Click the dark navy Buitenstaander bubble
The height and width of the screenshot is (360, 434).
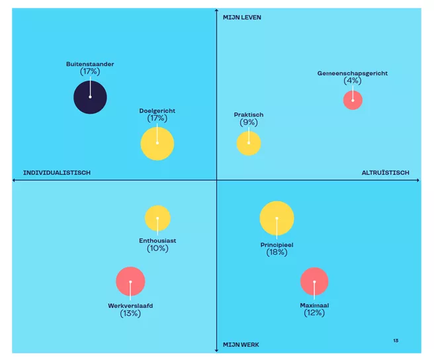90,97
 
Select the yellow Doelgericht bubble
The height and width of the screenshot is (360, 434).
157,144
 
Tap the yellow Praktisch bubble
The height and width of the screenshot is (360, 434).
249,144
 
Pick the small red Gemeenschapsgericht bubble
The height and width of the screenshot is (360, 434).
353,100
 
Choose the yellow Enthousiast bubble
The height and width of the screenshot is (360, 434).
157,218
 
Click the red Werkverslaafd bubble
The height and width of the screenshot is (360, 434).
130,281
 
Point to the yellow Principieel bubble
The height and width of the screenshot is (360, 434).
277,218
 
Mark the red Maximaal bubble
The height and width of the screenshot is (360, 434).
314,281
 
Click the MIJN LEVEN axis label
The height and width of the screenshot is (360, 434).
242,17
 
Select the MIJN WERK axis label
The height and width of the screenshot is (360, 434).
241,345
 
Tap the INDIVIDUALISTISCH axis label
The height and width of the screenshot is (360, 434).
57,173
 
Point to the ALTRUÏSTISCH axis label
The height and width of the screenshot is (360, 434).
386,173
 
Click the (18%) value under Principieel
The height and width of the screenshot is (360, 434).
277,252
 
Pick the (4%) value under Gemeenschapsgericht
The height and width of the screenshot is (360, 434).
353,81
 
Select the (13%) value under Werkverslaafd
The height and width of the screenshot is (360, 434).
130,314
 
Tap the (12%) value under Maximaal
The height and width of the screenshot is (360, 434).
314,314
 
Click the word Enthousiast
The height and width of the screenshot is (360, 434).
157,240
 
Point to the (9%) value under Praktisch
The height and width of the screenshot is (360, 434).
249,122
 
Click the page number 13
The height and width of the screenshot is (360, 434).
396,341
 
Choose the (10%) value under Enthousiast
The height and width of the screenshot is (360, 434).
157,248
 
